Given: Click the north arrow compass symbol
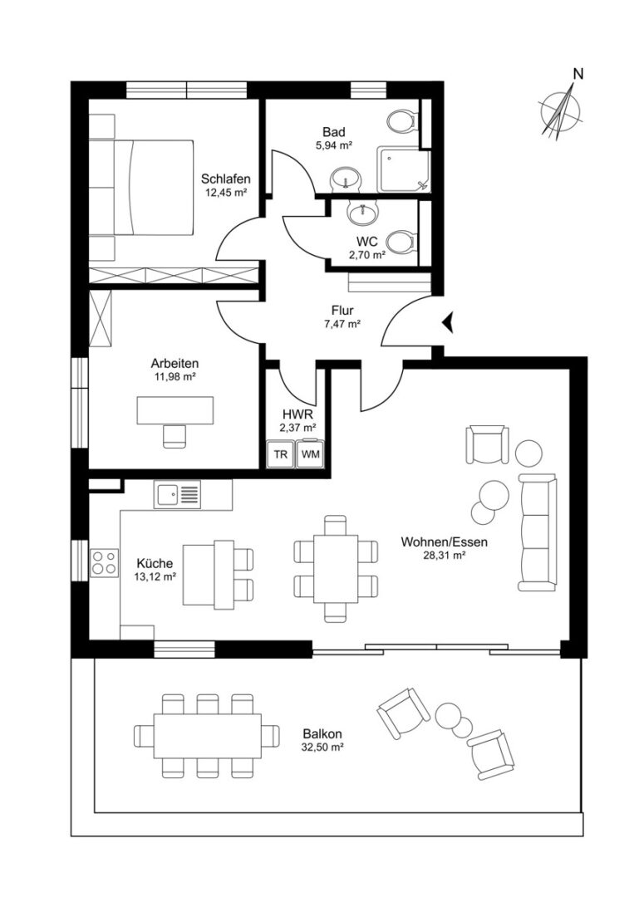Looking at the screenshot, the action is (x=562, y=110).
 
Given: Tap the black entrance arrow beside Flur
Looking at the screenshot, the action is (x=448, y=322).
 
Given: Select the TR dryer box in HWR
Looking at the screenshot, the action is (x=280, y=454).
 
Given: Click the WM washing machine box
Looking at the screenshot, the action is (x=310, y=454).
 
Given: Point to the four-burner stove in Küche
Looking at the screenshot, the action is (x=104, y=562).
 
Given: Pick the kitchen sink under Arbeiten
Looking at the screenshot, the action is (x=178, y=493).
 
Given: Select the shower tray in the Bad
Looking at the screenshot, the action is (x=403, y=170).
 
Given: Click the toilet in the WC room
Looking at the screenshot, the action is (x=403, y=241).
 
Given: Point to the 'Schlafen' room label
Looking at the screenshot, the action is (x=225, y=179).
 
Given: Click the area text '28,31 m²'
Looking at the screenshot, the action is (x=444, y=554).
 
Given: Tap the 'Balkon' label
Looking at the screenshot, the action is (x=322, y=734).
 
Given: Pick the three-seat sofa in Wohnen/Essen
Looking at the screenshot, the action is (x=538, y=532).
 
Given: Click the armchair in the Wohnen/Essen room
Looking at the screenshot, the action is (x=488, y=444).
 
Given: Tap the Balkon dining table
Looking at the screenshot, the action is (x=207, y=735).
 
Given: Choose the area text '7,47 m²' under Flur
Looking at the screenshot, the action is (x=342, y=324).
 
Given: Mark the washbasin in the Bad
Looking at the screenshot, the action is (x=346, y=178).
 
